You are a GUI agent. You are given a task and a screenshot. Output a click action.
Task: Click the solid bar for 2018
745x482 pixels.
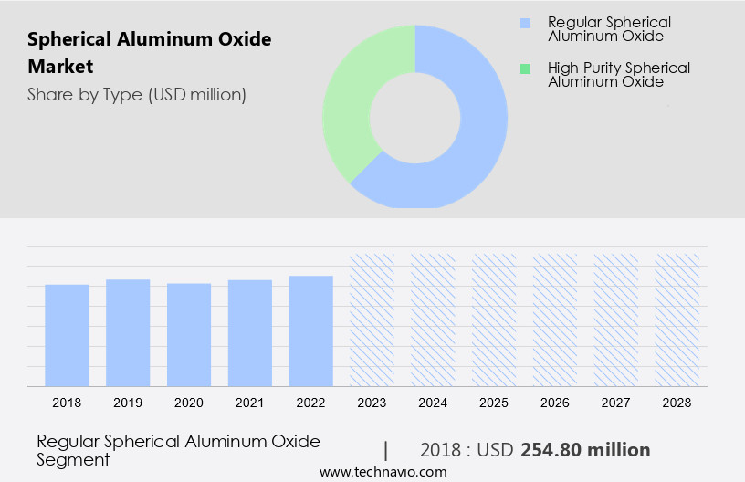[x=67, y=335]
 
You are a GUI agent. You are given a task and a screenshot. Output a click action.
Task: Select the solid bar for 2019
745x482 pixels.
[x=128, y=332]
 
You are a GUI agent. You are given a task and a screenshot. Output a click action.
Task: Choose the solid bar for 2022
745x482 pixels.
[x=311, y=330]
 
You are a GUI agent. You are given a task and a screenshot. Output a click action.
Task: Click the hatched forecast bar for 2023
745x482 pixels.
[x=372, y=320]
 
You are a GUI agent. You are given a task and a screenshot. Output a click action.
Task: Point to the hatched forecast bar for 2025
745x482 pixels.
[x=494, y=320]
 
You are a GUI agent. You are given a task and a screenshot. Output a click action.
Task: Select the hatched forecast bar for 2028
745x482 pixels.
[x=677, y=320]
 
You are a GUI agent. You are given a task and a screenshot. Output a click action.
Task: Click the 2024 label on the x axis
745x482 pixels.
[x=433, y=402]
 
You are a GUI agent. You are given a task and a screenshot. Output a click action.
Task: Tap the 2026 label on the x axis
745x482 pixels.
[x=555, y=402]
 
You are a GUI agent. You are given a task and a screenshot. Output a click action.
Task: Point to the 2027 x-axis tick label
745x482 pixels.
[x=616, y=402]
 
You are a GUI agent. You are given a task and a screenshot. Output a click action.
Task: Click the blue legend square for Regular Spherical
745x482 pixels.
[x=524, y=22]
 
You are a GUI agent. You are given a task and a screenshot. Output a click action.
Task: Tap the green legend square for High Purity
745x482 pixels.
[x=524, y=68]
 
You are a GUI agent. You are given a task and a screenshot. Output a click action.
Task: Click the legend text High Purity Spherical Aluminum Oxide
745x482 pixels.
[x=618, y=75]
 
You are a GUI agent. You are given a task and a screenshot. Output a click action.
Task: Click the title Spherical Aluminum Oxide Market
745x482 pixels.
[x=150, y=53]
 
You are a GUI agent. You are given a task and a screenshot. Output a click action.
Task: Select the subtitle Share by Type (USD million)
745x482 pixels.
[x=137, y=94]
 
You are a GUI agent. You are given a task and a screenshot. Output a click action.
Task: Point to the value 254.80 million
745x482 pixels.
[x=585, y=450]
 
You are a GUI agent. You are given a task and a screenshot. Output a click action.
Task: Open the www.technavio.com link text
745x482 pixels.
[x=383, y=472]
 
